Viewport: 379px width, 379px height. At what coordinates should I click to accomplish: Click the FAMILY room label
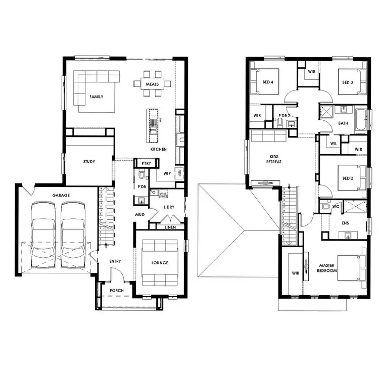(x=97, y=96)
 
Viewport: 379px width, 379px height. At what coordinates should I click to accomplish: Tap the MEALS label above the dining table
(x=152, y=84)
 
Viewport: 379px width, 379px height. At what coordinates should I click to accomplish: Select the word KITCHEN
(x=158, y=150)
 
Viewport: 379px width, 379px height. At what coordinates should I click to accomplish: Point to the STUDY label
(x=89, y=162)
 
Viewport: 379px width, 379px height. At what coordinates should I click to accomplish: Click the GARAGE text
(x=61, y=195)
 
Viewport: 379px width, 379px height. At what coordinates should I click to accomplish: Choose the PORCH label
(x=116, y=291)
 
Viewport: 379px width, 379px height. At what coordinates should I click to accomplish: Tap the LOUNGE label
(x=160, y=263)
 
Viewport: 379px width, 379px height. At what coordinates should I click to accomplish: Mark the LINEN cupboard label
(x=170, y=227)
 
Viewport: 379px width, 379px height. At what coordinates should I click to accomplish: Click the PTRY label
(x=147, y=164)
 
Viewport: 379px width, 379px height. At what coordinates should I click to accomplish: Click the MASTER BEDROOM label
(x=327, y=268)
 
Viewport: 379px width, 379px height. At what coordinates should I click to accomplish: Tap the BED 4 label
(x=267, y=82)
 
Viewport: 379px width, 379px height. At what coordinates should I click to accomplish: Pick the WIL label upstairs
(x=334, y=144)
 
